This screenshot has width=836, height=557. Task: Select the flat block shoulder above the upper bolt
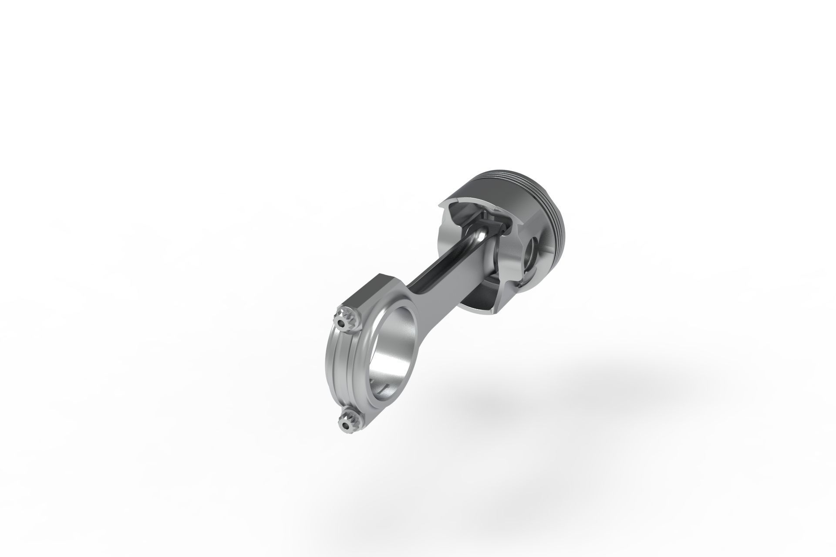click(370, 296)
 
